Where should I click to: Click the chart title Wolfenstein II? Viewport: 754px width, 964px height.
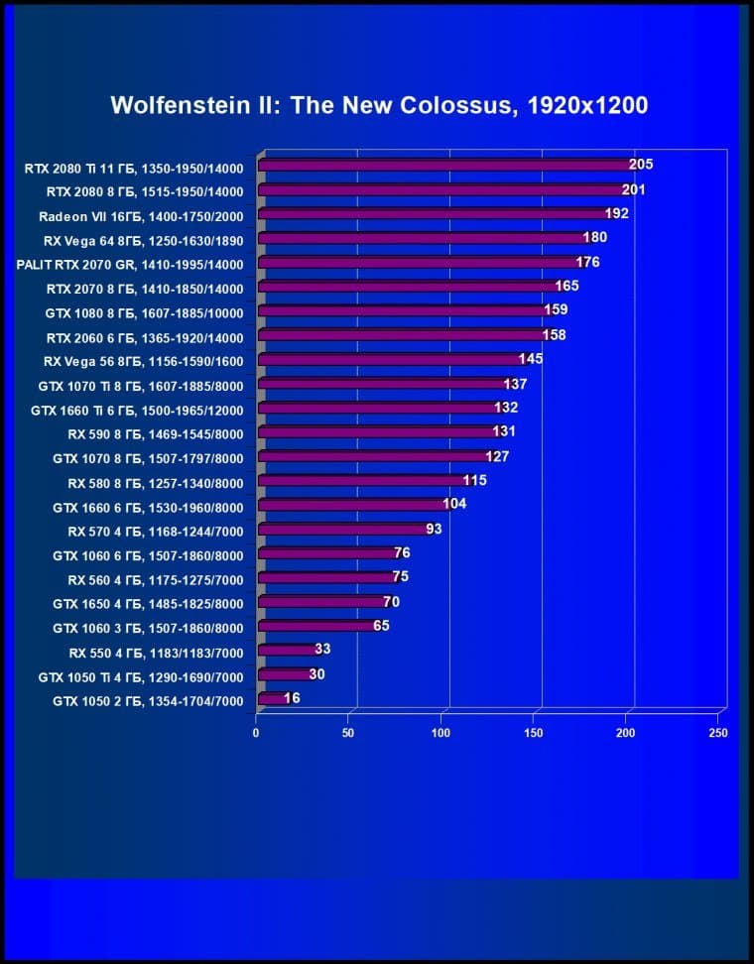point(379,105)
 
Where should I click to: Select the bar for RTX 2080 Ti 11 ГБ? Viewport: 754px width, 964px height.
point(446,166)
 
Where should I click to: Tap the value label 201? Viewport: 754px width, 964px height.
point(634,189)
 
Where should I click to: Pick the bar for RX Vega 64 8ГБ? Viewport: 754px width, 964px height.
point(422,238)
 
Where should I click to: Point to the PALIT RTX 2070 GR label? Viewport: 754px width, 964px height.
point(130,264)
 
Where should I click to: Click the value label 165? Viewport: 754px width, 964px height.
point(566,287)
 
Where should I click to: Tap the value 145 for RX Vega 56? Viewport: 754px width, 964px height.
point(530,359)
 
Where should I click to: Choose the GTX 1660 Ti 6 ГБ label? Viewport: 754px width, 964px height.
point(137,409)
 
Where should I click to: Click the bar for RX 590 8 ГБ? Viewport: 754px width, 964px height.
point(377,432)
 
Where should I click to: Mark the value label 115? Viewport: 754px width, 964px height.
point(475,480)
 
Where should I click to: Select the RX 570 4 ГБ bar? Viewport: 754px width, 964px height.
point(342,530)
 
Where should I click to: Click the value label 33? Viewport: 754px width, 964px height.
point(322,650)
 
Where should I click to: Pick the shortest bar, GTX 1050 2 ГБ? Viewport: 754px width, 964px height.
point(270,699)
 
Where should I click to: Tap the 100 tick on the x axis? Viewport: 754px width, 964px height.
point(440,733)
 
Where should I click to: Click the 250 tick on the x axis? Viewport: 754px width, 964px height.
point(718,733)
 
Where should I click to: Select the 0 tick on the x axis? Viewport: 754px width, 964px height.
point(256,733)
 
